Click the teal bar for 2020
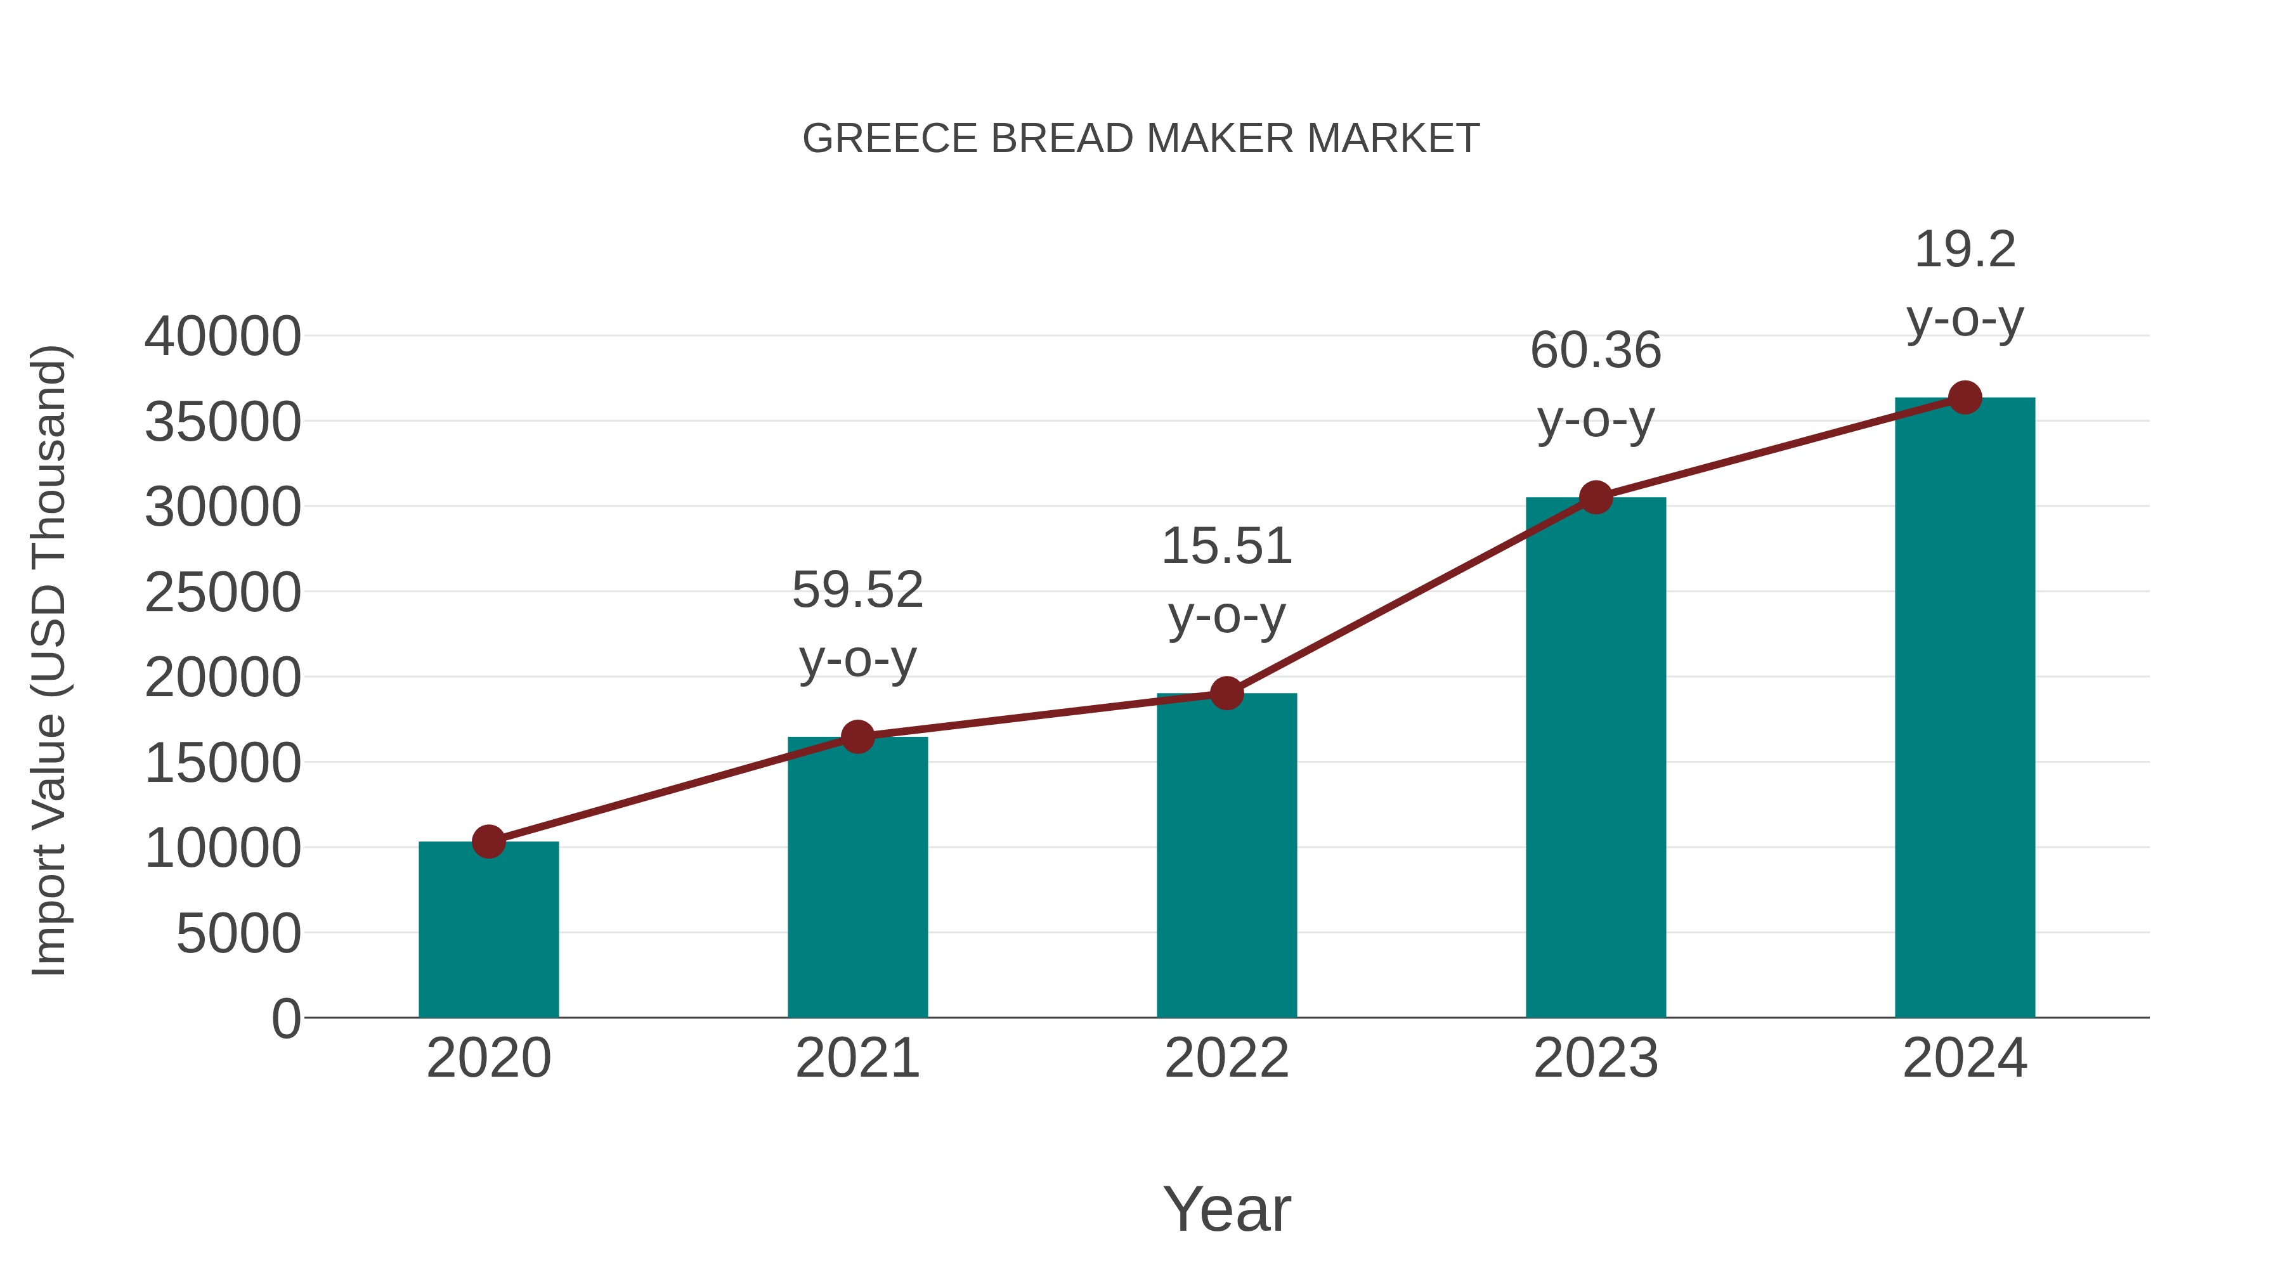pyautogui.click(x=488, y=930)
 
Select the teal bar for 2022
pyautogui.click(x=1226, y=856)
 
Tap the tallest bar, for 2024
pyautogui.click(x=1965, y=709)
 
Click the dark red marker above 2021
pyautogui.click(x=857, y=736)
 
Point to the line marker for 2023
pyautogui.click(x=1596, y=498)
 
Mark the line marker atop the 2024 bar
pyautogui.click(x=1965, y=398)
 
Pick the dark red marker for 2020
pyautogui.click(x=488, y=842)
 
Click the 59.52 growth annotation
pyautogui.click(x=857, y=590)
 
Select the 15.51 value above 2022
pyautogui.click(x=1226, y=546)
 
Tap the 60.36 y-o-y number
pyautogui.click(x=1596, y=350)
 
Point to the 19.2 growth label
pyautogui.click(x=1965, y=250)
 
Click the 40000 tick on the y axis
pyautogui.click(x=223, y=337)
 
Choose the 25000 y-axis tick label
pyautogui.click(x=223, y=593)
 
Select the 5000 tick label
pyautogui.click(x=238, y=934)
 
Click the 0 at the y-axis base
pyautogui.click(x=285, y=1019)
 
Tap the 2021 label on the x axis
pyautogui.click(x=857, y=1058)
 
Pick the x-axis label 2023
pyautogui.click(x=1596, y=1058)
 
